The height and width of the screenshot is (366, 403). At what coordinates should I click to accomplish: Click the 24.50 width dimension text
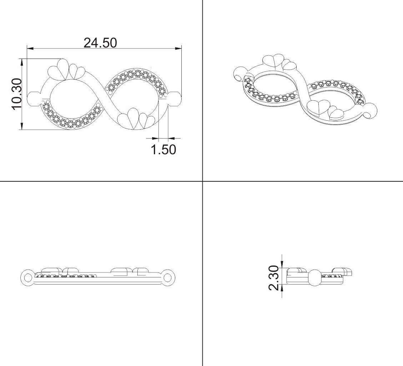[100, 43]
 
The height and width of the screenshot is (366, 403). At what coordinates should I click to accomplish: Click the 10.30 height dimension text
[16, 94]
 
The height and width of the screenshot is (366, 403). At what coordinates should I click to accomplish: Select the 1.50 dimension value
[163, 150]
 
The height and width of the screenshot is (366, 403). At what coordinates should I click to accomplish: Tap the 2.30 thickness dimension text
[274, 278]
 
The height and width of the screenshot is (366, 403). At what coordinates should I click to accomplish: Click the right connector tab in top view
[175, 98]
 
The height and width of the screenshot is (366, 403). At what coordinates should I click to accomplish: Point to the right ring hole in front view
[168, 277]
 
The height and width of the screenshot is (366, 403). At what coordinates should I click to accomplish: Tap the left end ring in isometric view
[238, 76]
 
